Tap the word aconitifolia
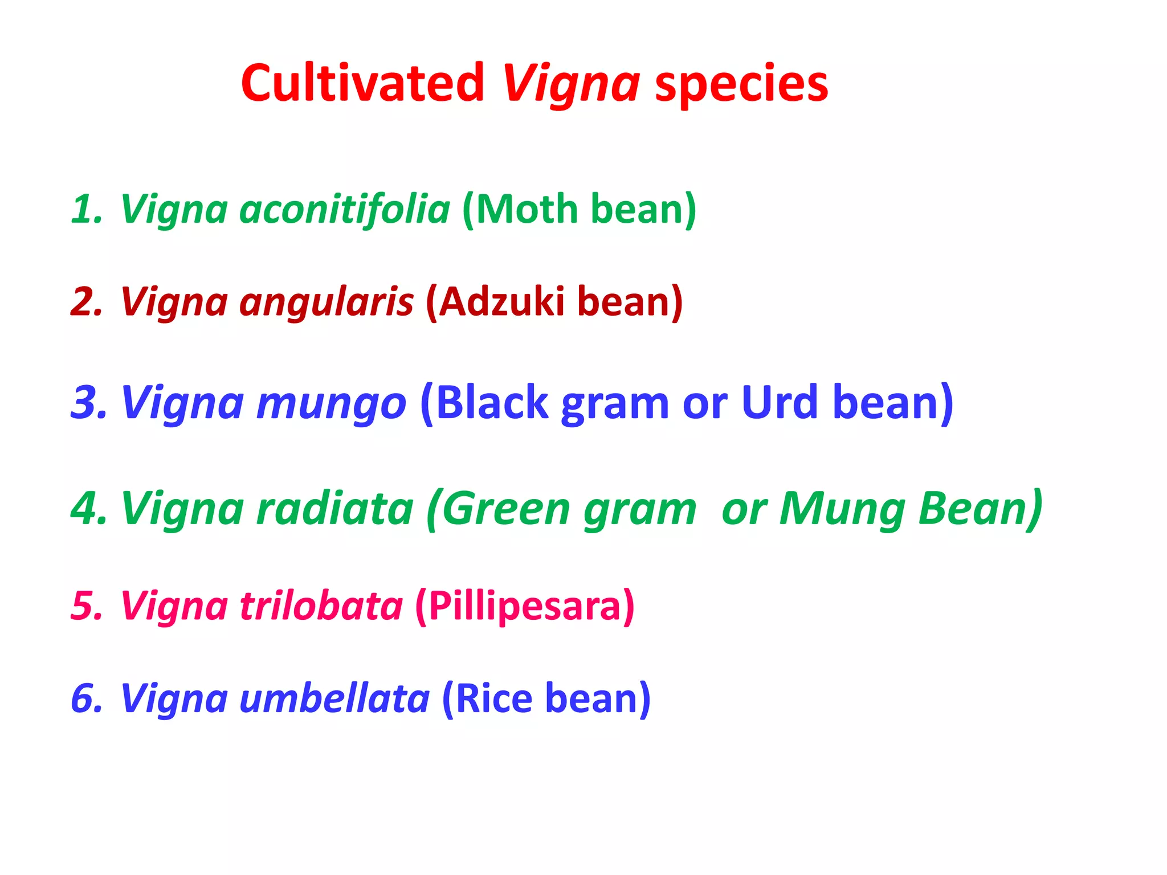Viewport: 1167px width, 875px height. tap(345, 208)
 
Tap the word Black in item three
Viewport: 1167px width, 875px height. tap(492, 403)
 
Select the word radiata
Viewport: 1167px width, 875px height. tap(335, 508)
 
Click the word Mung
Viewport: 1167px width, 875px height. tap(842, 508)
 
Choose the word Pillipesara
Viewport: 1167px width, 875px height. tap(524, 606)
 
